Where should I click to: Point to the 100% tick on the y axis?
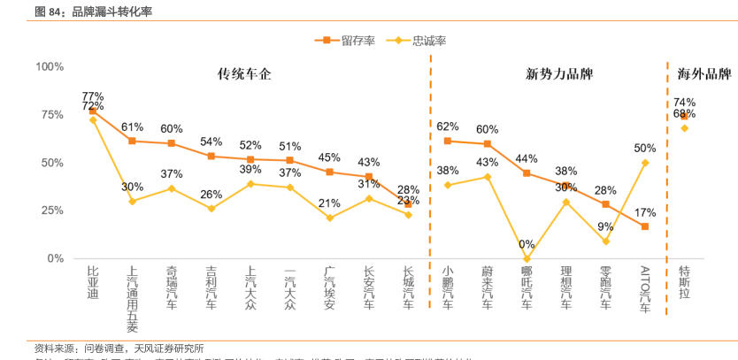(x=50, y=67)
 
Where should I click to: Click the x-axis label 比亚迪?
(x=93, y=280)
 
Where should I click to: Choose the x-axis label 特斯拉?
(x=684, y=280)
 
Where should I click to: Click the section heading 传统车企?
(x=244, y=75)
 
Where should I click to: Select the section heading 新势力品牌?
(x=559, y=75)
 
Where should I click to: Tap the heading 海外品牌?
(x=703, y=75)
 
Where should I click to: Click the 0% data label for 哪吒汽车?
(x=527, y=245)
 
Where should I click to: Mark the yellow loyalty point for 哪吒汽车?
(x=527, y=258)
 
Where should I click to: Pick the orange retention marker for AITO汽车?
(x=645, y=226)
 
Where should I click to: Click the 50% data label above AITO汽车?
(x=645, y=149)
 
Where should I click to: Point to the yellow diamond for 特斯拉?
(x=684, y=128)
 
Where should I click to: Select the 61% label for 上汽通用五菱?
(x=132, y=126)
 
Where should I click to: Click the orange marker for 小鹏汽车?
(x=448, y=141)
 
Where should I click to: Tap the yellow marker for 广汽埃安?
(x=329, y=218)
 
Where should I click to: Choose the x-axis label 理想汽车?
(x=566, y=287)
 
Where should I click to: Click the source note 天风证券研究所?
(x=169, y=348)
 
